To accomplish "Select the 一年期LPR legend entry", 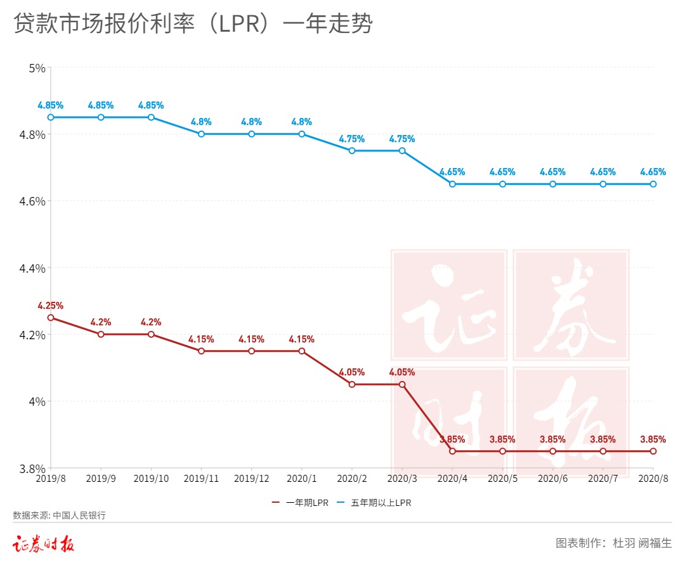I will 300,503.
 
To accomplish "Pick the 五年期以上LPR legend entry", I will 374,503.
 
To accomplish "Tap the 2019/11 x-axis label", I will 201,479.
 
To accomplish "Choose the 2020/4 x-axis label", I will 452,479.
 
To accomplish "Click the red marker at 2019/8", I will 51,318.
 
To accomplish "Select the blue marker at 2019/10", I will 151,117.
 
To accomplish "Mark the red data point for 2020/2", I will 352,384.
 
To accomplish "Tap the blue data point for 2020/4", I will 452,184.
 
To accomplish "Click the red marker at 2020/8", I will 653,451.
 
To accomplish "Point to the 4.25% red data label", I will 51,306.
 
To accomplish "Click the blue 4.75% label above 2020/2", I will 352,139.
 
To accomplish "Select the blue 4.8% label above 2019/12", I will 252,122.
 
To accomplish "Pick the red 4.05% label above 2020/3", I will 402,372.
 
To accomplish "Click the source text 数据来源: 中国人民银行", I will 60,515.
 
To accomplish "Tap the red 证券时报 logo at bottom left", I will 44,544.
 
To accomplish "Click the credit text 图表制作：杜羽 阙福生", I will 613,543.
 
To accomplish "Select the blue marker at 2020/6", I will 552,184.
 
